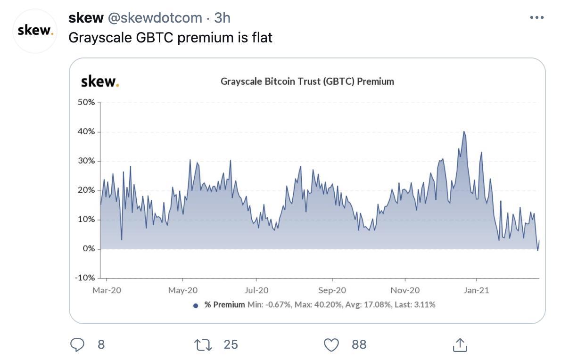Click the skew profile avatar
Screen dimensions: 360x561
click(x=34, y=31)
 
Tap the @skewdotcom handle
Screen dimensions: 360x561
click(x=156, y=18)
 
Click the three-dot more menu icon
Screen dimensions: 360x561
click(x=536, y=18)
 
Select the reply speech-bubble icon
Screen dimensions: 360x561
click(x=77, y=345)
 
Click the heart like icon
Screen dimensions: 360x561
click(x=332, y=345)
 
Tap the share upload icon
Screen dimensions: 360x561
click(x=459, y=345)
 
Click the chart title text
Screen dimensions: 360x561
click(x=307, y=82)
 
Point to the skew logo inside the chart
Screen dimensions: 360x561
click(x=100, y=82)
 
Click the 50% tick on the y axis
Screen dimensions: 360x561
click(x=87, y=102)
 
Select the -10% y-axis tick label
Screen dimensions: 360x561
click(x=85, y=278)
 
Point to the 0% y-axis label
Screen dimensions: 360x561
click(x=89, y=249)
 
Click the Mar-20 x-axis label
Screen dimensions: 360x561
click(x=107, y=290)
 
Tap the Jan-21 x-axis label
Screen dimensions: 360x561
click(x=476, y=290)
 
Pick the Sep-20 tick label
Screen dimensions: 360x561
click(x=332, y=290)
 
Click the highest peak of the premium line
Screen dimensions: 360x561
click(x=464, y=132)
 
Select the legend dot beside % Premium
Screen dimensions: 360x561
click(x=196, y=305)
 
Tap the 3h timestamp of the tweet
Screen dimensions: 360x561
click(x=222, y=18)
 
